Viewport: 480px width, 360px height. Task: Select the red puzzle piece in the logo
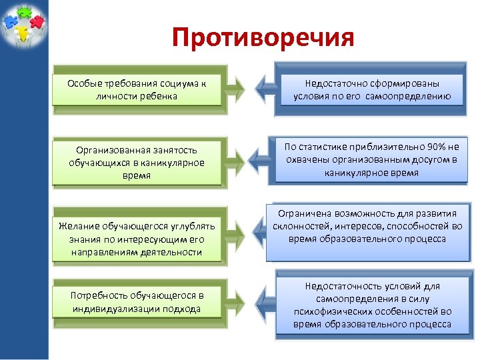tap(37, 23)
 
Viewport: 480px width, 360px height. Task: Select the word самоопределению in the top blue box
tap(412, 96)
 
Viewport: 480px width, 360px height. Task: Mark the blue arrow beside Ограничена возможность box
tap(260, 230)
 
